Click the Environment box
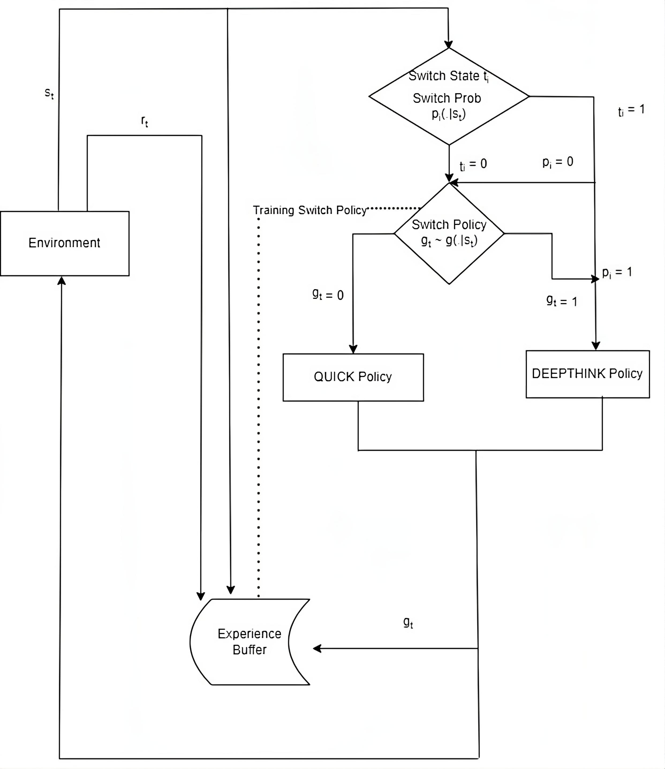click(x=65, y=243)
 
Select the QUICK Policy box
click(x=353, y=377)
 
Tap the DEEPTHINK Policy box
click(x=587, y=374)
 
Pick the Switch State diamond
click(x=449, y=96)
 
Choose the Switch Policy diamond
click(x=449, y=233)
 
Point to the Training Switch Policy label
click(x=310, y=210)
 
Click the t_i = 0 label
click(x=473, y=164)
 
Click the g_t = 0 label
click(x=328, y=295)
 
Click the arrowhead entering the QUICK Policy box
click(x=353, y=349)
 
